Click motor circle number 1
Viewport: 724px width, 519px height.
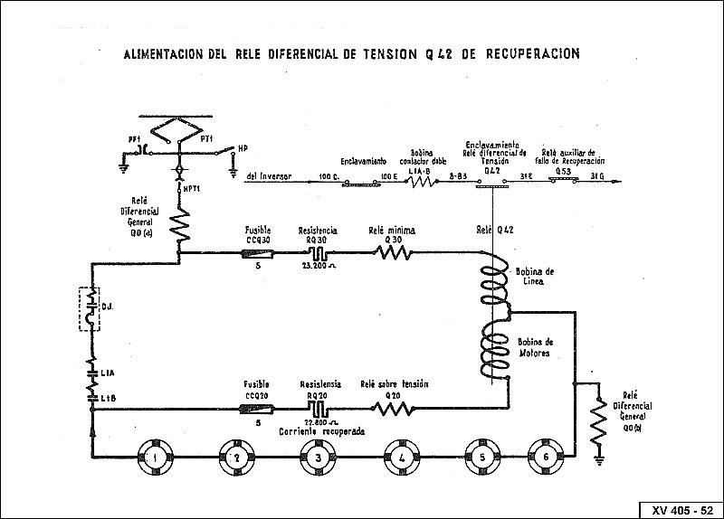pos(155,458)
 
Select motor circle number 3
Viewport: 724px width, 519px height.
pos(317,458)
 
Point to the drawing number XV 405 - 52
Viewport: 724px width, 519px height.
pos(680,510)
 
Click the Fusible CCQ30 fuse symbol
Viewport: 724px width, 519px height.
pos(259,255)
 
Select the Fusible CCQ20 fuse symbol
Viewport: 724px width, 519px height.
pos(258,410)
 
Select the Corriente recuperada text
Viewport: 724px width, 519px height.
pos(322,432)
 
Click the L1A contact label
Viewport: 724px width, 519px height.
pos(108,373)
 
